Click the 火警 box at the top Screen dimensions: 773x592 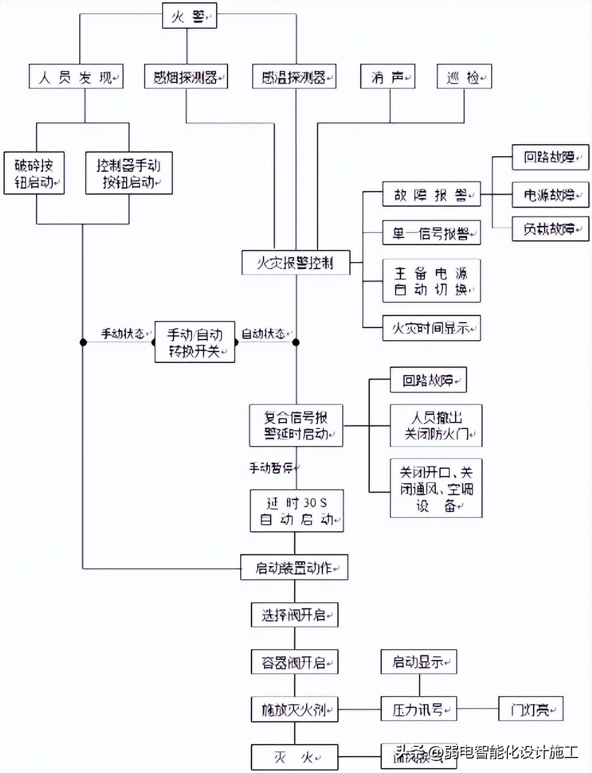coord(189,16)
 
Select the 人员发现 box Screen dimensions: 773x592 coord(76,77)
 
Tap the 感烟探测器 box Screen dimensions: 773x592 coord(186,77)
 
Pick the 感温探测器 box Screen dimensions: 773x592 coord(294,77)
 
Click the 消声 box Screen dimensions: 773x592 coord(388,77)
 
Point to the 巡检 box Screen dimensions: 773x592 coord(464,77)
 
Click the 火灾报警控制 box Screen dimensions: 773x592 coord(296,263)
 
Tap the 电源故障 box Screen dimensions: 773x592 coord(551,195)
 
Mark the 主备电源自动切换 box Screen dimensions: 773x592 coord(432,281)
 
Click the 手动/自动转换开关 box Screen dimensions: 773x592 coord(195,343)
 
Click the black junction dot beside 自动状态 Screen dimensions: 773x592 coord(296,343)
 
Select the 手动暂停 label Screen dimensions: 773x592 coord(274,467)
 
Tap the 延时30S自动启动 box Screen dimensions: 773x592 coord(297,510)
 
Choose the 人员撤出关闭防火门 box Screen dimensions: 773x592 coord(436,425)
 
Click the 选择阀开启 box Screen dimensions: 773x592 coord(295,614)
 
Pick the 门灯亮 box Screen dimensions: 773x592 coord(531,709)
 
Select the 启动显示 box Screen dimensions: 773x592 coord(418,662)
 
